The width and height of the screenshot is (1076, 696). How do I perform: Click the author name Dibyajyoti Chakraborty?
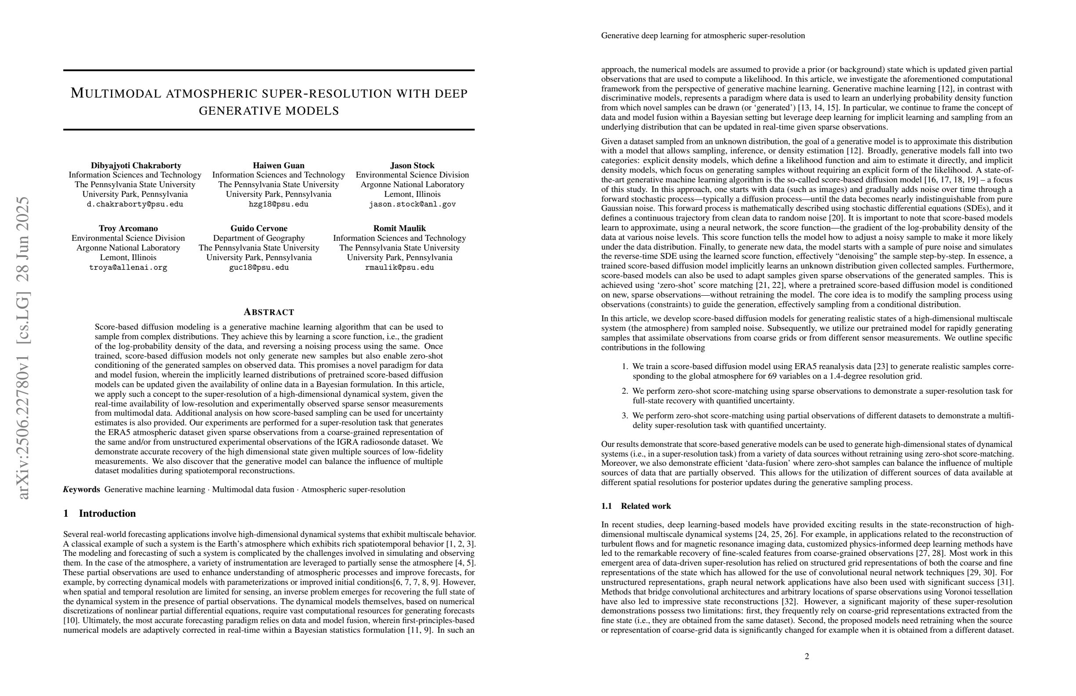(136, 165)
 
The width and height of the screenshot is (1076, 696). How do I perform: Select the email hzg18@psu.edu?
(279, 204)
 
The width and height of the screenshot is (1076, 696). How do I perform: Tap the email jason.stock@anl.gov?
(412, 204)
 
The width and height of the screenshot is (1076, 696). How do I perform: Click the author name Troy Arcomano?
(128, 228)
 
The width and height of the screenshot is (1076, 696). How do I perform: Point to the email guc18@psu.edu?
(258, 268)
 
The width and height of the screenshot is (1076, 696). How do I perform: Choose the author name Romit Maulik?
(399, 228)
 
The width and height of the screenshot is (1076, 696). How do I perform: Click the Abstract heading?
(269, 312)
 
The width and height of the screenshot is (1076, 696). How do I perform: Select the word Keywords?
(81, 489)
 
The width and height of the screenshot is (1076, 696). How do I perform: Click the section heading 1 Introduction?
(99, 513)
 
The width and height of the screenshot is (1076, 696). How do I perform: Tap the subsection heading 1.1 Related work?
(636, 506)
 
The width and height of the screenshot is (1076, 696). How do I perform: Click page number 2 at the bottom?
(807, 656)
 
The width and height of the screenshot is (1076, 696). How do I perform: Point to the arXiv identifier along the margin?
(22, 348)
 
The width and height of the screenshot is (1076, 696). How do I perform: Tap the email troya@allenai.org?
(128, 268)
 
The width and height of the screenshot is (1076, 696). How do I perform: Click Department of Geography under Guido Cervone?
(258, 238)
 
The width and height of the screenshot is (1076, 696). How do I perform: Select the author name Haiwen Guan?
(279, 165)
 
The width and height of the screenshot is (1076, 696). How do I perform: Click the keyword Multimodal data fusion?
(253, 489)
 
